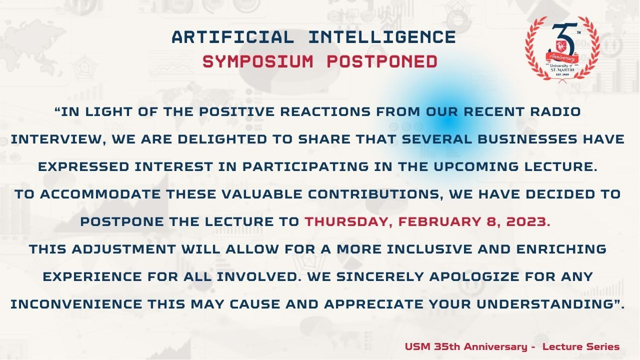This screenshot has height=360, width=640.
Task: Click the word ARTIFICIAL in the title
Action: tap(233, 37)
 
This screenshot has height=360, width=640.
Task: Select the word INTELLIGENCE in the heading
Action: tap(382, 37)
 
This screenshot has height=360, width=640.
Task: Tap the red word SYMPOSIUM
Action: tap(258, 61)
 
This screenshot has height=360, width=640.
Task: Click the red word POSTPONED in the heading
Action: tap(382, 61)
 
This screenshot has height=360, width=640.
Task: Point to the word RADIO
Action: tap(555, 111)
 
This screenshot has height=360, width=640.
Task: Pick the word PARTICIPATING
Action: tap(305, 166)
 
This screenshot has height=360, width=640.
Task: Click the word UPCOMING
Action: tap(476, 166)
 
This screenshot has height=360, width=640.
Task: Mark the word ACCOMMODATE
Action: tap(100, 194)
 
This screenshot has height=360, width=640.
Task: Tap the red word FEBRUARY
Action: tap(440, 221)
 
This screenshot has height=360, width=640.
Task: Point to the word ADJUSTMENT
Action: tap(123, 249)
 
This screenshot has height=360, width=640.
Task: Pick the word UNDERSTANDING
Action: tap(545, 304)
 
